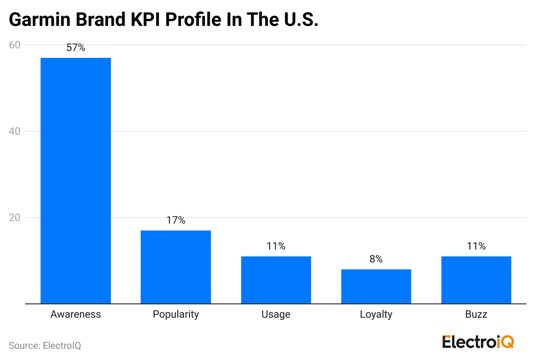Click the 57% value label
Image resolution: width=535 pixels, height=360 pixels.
tap(76, 48)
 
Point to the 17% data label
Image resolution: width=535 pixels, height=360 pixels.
tap(176, 221)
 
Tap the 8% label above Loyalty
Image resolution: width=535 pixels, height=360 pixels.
tap(376, 259)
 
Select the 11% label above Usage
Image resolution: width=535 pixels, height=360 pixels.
tap(276, 246)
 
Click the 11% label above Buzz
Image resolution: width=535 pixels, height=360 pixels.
tap(476, 246)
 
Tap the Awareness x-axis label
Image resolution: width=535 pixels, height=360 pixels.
tap(76, 314)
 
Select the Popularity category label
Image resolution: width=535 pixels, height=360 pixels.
tap(176, 314)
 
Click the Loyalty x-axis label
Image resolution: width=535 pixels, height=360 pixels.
tap(376, 314)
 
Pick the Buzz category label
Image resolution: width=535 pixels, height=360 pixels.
tap(476, 314)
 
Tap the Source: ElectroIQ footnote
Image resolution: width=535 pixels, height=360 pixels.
tap(45, 346)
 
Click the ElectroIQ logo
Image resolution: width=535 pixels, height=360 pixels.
tap(478, 342)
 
